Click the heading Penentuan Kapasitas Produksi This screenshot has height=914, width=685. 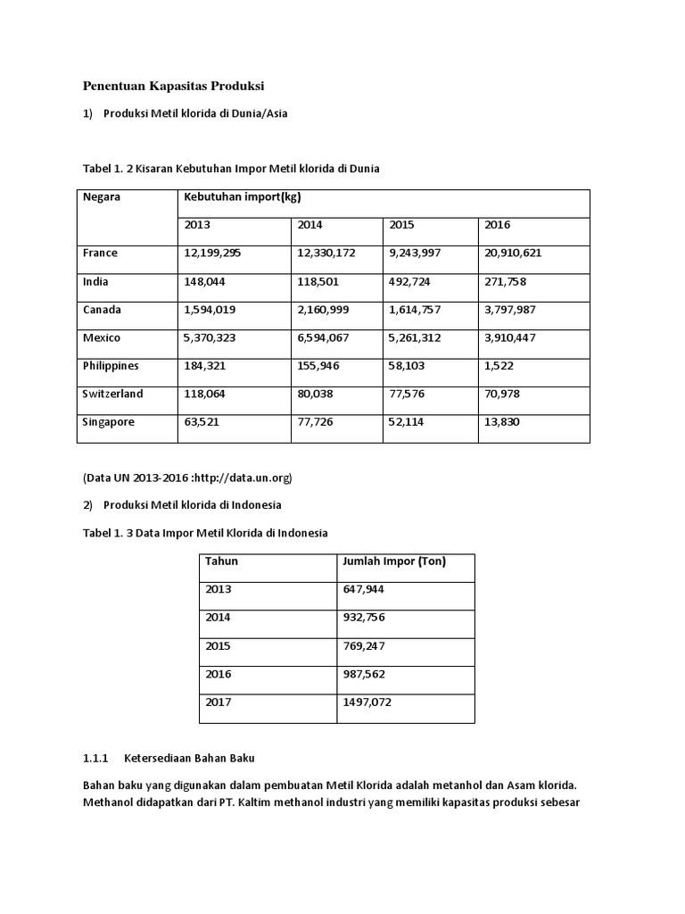(174, 86)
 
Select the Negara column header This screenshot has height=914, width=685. (102, 197)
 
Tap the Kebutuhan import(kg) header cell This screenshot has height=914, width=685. (236, 197)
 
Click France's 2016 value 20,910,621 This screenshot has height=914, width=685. (513, 253)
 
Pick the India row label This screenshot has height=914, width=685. (95, 282)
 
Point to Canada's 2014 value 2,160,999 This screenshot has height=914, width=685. (326, 310)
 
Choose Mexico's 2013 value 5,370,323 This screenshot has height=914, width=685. (213, 338)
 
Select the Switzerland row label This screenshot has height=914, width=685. (112, 395)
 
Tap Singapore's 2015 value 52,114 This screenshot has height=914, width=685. (407, 422)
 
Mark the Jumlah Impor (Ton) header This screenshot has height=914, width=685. (394, 561)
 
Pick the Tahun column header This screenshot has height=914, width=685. (221, 561)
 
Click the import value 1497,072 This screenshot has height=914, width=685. (367, 702)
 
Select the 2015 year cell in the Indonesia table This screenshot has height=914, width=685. (218, 646)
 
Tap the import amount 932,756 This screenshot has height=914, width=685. (364, 618)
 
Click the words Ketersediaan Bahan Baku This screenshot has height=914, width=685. (190, 759)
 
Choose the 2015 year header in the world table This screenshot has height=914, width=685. (402, 226)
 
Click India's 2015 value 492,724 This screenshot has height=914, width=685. (410, 282)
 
